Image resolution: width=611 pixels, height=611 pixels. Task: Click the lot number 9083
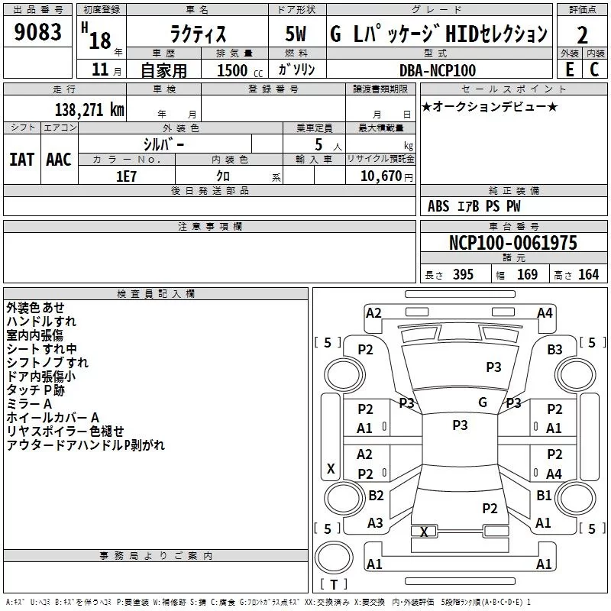tap(38, 33)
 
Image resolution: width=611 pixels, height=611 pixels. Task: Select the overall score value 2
tap(583, 35)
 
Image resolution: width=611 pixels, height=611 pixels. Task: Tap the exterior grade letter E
tap(569, 69)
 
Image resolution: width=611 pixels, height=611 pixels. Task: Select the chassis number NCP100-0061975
tap(513, 243)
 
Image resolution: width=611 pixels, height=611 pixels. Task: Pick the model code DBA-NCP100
tap(437, 70)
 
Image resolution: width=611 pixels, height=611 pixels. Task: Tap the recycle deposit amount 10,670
tap(380, 175)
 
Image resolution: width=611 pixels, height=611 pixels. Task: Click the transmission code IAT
tap(21, 159)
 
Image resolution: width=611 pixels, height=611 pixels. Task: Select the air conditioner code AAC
tap(59, 159)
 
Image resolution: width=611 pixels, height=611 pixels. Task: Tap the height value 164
tap(588, 274)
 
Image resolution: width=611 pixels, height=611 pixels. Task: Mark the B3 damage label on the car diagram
tap(554, 350)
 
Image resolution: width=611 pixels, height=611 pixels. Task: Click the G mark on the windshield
tap(483, 402)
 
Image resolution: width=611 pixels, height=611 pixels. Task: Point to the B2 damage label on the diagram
tap(376, 496)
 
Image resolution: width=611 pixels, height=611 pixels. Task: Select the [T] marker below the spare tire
tap(333, 584)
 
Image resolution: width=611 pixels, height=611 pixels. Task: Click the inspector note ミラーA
tap(29, 403)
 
